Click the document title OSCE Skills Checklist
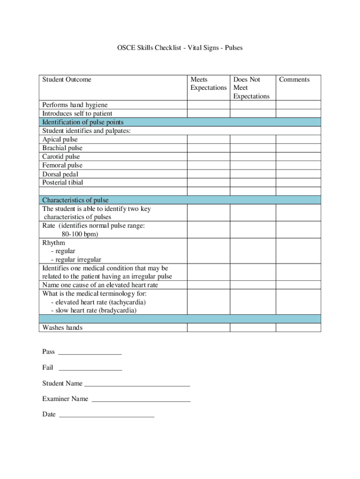click(180, 48)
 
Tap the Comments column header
click(294, 80)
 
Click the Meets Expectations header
click(208, 84)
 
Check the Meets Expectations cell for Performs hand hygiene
click(208, 105)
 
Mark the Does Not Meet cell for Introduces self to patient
click(252, 113)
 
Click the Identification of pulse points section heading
click(83, 122)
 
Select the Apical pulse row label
click(60, 139)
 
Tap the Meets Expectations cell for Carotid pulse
click(208, 157)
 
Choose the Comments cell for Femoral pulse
click(298, 165)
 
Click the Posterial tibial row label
click(63, 182)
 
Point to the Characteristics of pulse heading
click(75, 200)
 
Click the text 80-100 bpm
click(79, 234)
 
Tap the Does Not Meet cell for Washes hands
click(252, 327)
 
